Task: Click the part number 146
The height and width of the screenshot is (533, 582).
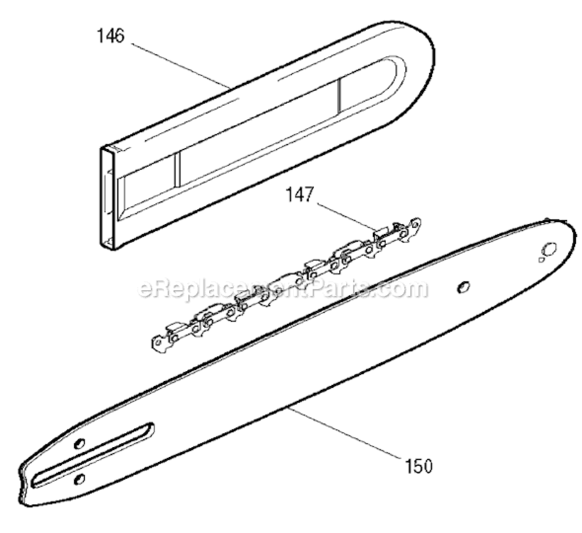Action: (x=111, y=36)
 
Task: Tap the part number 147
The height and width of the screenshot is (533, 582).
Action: (x=300, y=195)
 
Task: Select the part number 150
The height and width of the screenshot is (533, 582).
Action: (x=419, y=466)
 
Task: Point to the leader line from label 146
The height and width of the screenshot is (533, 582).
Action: (x=180, y=66)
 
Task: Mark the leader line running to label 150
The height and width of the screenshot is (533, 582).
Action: (x=344, y=434)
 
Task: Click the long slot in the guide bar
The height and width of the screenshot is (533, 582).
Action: (x=94, y=455)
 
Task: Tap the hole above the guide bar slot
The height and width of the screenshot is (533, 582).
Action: (x=80, y=443)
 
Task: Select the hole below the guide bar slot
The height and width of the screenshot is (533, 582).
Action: (x=80, y=480)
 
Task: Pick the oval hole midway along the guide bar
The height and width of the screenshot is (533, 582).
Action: (x=463, y=286)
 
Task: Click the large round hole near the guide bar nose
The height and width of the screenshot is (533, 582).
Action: (x=550, y=248)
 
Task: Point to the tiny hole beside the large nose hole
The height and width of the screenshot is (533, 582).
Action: (x=541, y=259)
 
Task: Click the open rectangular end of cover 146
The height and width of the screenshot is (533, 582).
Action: (x=107, y=197)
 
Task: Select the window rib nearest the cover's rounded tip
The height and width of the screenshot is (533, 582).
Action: (x=339, y=97)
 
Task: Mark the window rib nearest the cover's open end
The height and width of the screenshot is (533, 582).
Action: (x=177, y=170)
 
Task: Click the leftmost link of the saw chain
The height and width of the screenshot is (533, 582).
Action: (x=159, y=343)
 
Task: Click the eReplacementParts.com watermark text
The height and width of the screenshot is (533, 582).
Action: (x=283, y=289)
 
